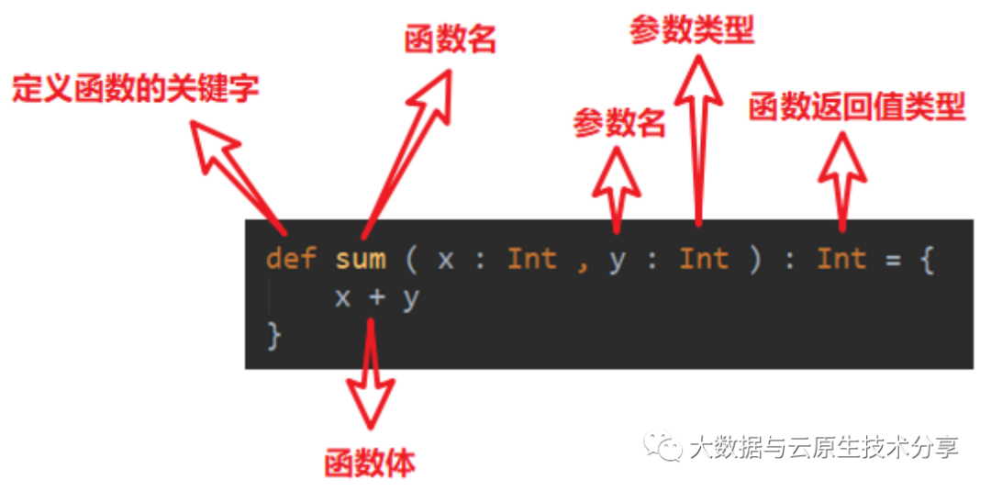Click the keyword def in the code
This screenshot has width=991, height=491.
click(x=291, y=259)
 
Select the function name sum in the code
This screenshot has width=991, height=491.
click(x=360, y=259)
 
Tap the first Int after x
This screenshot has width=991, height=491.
click(x=532, y=259)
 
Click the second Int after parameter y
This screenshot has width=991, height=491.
click(x=703, y=259)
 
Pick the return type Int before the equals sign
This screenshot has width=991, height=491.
click(x=841, y=259)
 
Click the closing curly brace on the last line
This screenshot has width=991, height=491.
click(x=273, y=335)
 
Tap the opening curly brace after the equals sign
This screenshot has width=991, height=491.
click(x=926, y=260)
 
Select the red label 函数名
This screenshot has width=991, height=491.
click(x=450, y=39)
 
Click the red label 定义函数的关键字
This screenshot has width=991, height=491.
click(x=135, y=90)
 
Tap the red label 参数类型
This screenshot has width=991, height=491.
click(x=691, y=30)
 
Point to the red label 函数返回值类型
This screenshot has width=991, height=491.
click(x=856, y=106)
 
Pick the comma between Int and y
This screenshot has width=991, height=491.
click(x=582, y=262)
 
